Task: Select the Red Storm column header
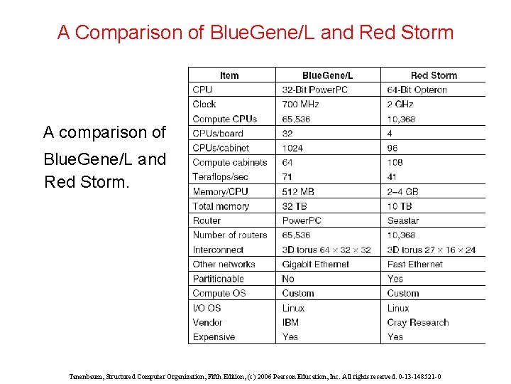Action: click(x=434, y=75)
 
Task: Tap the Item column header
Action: click(x=229, y=75)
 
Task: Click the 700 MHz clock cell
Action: click(x=300, y=105)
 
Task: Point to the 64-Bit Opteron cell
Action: click(x=417, y=90)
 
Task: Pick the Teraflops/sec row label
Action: click(x=220, y=177)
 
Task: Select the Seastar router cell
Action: click(x=403, y=220)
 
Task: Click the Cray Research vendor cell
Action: click(x=418, y=322)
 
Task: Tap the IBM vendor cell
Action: click(x=290, y=322)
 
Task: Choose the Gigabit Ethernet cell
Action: click(x=315, y=265)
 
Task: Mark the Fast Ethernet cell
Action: click(x=416, y=265)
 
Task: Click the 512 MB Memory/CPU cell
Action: click(x=299, y=191)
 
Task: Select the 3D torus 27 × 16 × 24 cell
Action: click(x=432, y=250)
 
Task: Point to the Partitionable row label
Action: click(x=218, y=279)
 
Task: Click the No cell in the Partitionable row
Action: click(x=288, y=279)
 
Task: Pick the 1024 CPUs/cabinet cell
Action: click(x=292, y=148)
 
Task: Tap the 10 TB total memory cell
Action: click(x=400, y=206)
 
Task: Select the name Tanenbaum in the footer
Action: click(x=87, y=376)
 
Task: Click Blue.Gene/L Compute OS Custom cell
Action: click(x=297, y=294)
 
